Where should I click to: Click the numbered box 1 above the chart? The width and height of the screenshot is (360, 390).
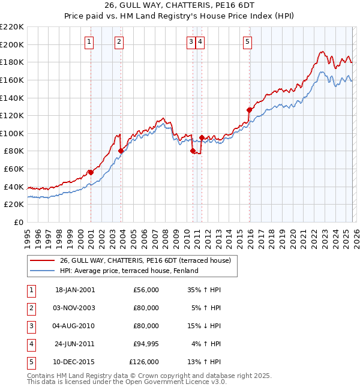(x=89, y=42)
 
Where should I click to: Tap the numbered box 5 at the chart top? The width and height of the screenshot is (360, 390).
(x=247, y=42)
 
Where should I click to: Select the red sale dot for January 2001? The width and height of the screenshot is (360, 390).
(x=91, y=172)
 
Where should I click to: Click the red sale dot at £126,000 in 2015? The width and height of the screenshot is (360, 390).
(x=249, y=110)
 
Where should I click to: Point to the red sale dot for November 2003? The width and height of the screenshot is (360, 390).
(x=121, y=151)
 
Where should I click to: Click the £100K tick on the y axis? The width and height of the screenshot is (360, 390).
(x=12, y=133)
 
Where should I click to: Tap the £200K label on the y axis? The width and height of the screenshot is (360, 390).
(x=12, y=44)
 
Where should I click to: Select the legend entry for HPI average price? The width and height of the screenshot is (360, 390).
(x=128, y=271)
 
